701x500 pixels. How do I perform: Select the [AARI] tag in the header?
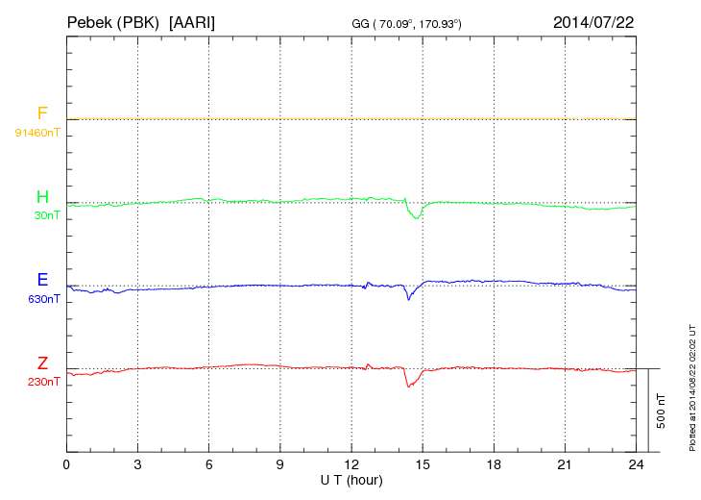[x=192, y=21]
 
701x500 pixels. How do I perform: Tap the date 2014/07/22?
[x=592, y=21]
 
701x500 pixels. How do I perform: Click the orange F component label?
[x=42, y=114]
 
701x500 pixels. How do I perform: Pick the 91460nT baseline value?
[x=36, y=132]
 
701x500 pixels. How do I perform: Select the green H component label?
[x=42, y=198]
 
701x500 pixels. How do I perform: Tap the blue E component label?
[x=42, y=281]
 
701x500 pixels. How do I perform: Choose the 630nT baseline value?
[x=44, y=299]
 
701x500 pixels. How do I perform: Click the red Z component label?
[x=42, y=363]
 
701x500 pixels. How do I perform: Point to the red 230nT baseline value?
[x=44, y=382]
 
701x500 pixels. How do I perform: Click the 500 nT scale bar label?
[x=662, y=411]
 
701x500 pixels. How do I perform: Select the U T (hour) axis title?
[x=351, y=480]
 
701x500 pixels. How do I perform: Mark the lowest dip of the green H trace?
[x=417, y=218]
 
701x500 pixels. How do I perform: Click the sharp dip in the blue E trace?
[x=408, y=299]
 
